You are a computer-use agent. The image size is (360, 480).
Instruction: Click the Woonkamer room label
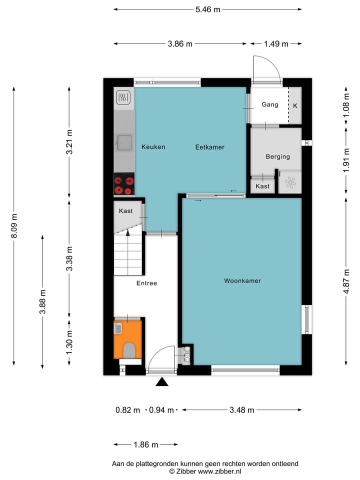(x=242, y=281)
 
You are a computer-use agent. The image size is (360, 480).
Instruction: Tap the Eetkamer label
(x=209, y=147)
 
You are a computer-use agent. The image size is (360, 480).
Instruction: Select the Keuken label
(x=153, y=147)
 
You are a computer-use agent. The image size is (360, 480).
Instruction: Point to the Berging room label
(x=277, y=156)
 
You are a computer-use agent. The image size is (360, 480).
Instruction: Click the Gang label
(x=269, y=105)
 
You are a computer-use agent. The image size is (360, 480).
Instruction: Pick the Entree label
(x=146, y=283)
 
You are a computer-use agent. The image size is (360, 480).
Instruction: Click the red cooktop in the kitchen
(x=124, y=183)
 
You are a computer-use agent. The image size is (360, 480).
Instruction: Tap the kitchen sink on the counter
(x=124, y=142)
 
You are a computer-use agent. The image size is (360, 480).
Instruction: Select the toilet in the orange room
(x=129, y=350)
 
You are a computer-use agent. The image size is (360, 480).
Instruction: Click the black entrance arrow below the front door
(x=161, y=382)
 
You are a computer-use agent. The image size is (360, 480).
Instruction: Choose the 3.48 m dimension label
(x=241, y=410)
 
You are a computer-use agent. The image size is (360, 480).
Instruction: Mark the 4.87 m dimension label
(x=346, y=280)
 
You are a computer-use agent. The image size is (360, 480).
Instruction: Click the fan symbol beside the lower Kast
(x=290, y=182)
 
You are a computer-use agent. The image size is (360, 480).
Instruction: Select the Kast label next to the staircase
(x=126, y=211)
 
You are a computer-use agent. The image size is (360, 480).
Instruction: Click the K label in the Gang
(x=295, y=105)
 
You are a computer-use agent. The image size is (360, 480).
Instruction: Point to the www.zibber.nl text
(x=220, y=471)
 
